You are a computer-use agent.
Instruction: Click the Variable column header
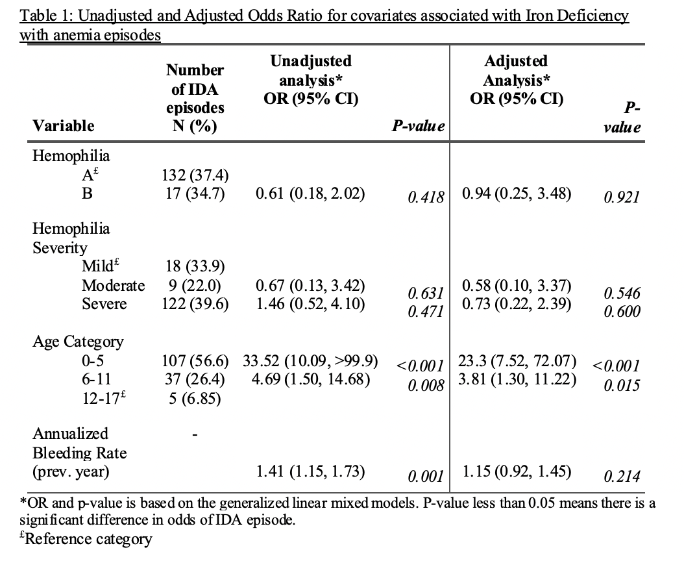pyautogui.click(x=64, y=125)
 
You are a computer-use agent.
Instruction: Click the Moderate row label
pyautogui.click(x=114, y=285)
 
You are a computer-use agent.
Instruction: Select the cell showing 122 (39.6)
pyautogui.click(x=195, y=304)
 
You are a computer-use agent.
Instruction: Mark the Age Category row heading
pyautogui.click(x=78, y=341)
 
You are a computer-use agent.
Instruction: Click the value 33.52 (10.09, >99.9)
pyautogui.click(x=311, y=360)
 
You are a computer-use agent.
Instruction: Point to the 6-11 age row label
pyautogui.click(x=95, y=379)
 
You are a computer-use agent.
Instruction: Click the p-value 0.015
pyautogui.click(x=621, y=386)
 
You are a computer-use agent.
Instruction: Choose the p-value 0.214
pyautogui.click(x=621, y=477)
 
